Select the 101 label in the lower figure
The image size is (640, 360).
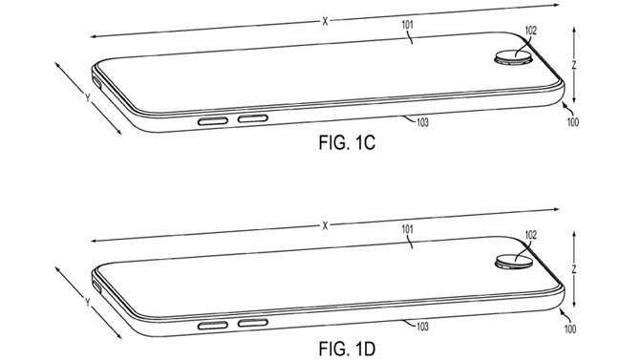406,229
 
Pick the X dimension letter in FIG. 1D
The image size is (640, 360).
326,224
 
